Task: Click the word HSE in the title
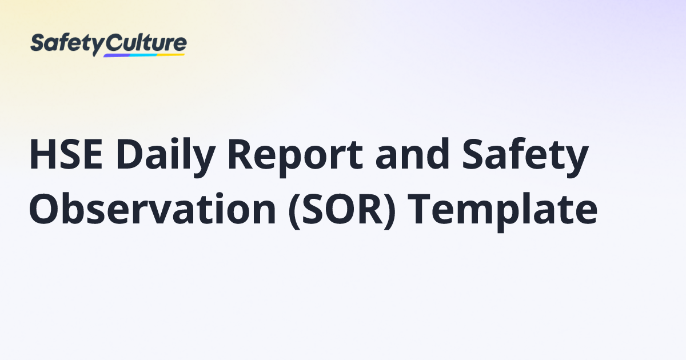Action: pyautogui.click(x=68, y=155)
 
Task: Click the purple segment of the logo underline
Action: pyautogui.click(x=117, y=55)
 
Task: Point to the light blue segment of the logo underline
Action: pyautogui.click(x=143, y=55)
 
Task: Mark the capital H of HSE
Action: pyautogui.click(x=42, y=155)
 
